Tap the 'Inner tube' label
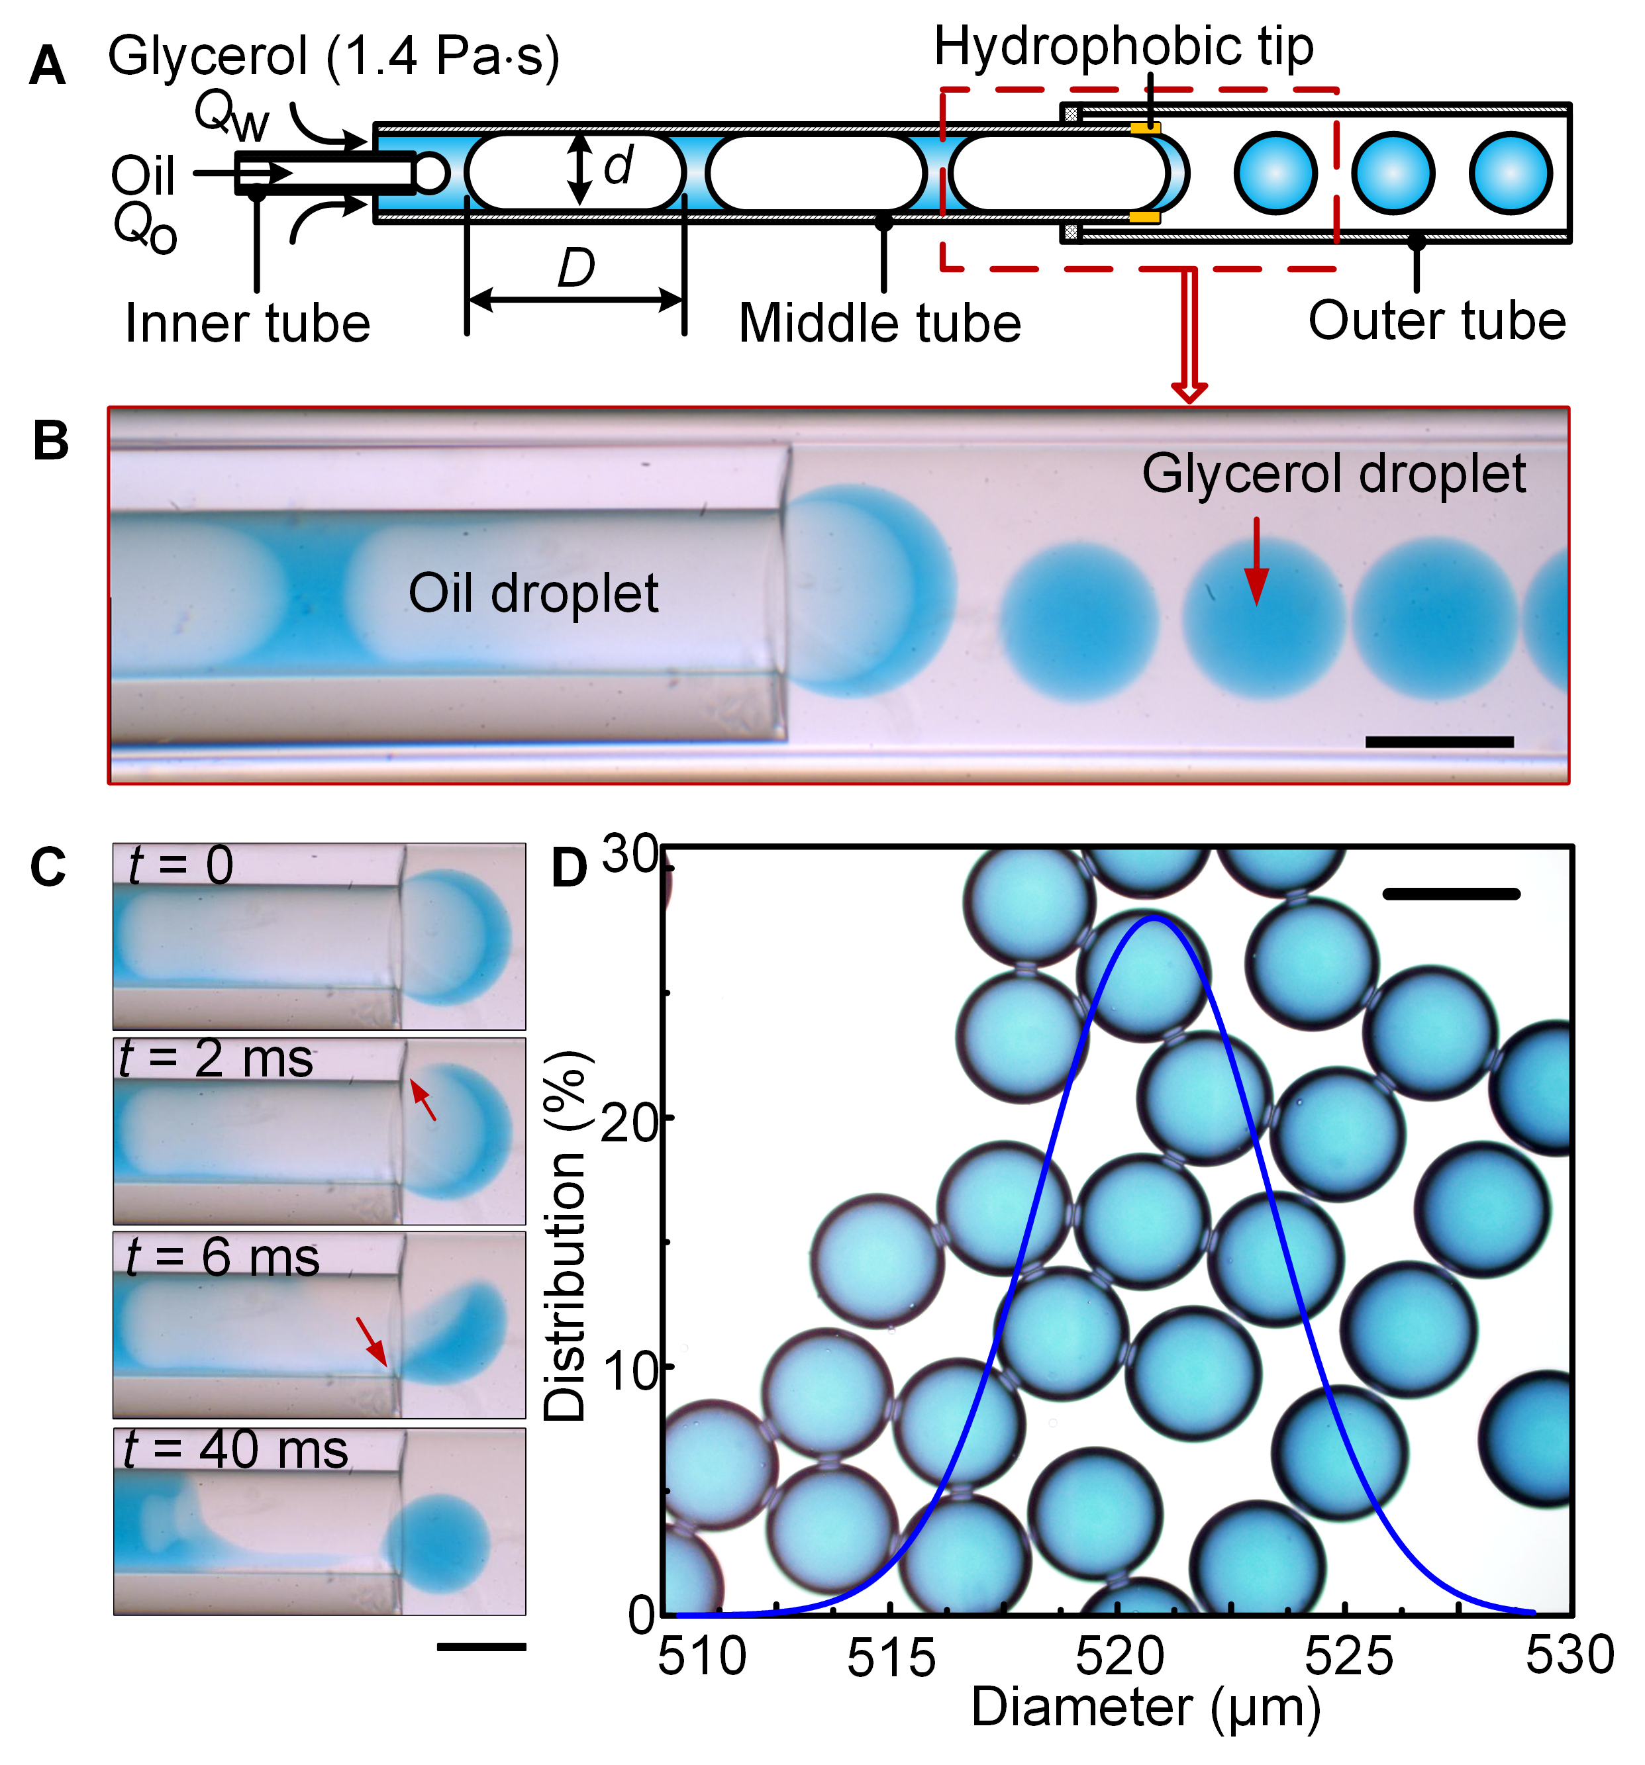tap(247, 323)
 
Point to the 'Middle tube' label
tap(879, 323)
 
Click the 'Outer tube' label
tap(1436, 320)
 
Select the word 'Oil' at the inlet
tap(142, 176)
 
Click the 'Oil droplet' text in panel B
tap(533, 593)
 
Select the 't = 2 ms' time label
tap(217, 1059)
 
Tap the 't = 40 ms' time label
tap(235, 1450)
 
